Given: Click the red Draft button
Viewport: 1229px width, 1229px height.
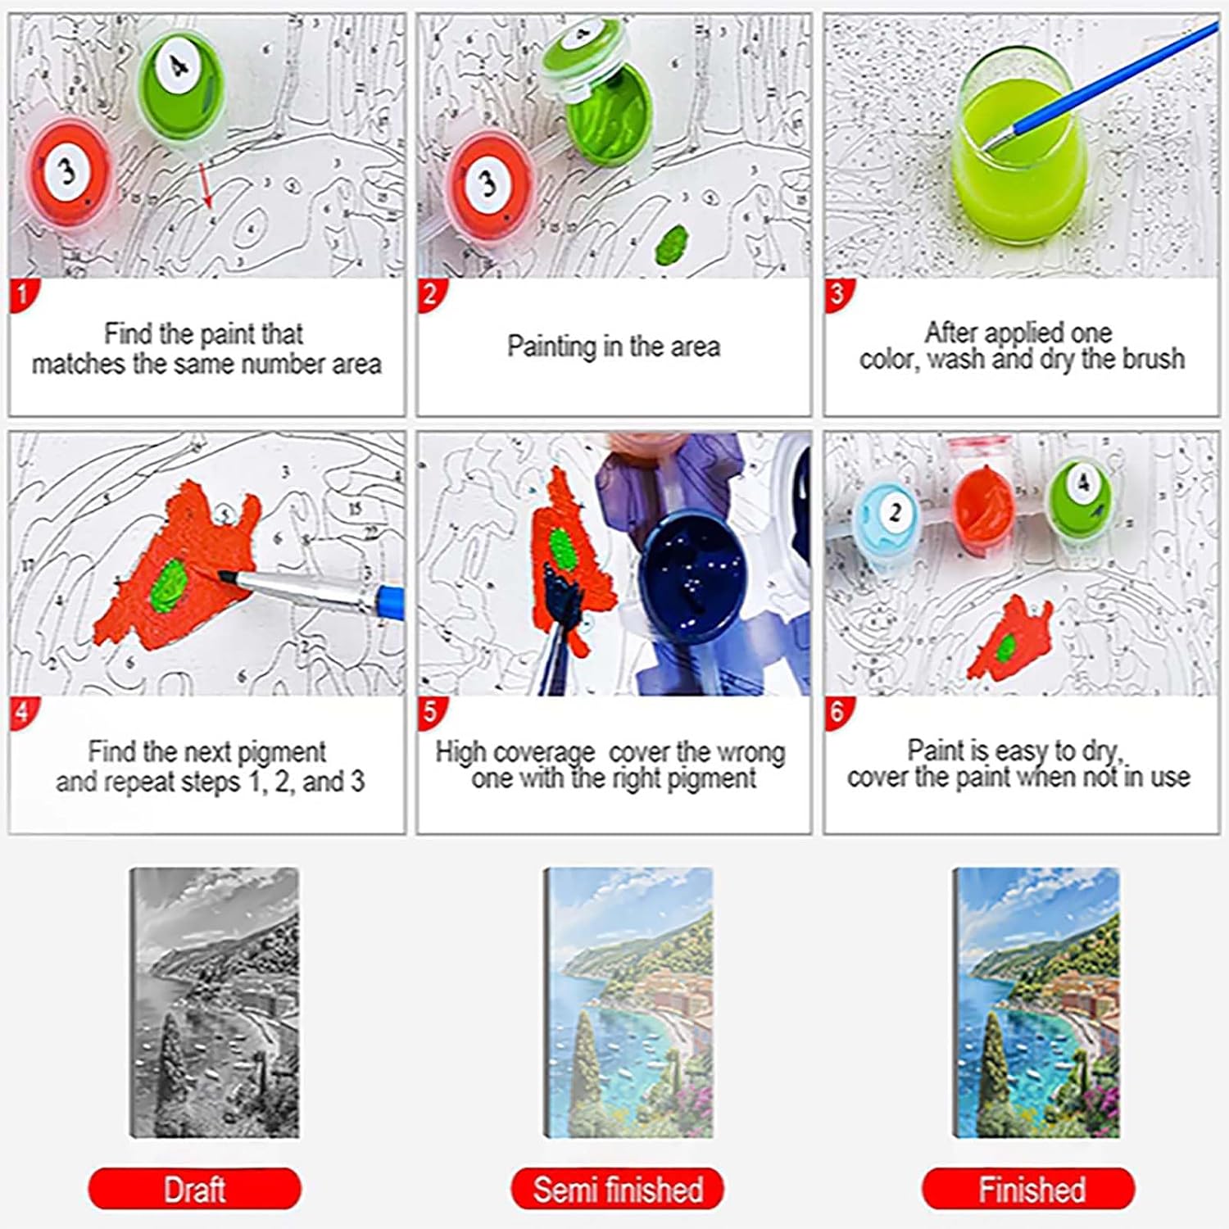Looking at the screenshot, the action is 194,1189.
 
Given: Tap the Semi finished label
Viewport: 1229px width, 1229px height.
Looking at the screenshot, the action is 618,1189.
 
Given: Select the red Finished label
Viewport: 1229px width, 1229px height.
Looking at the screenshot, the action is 1031,1189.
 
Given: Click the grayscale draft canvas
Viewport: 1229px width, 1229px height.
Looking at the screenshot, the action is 215,1002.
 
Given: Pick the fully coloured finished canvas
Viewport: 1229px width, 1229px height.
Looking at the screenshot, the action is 1036,1002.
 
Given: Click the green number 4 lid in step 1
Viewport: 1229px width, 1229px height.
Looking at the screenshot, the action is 181,82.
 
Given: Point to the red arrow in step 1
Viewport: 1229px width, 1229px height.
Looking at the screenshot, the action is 204,184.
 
